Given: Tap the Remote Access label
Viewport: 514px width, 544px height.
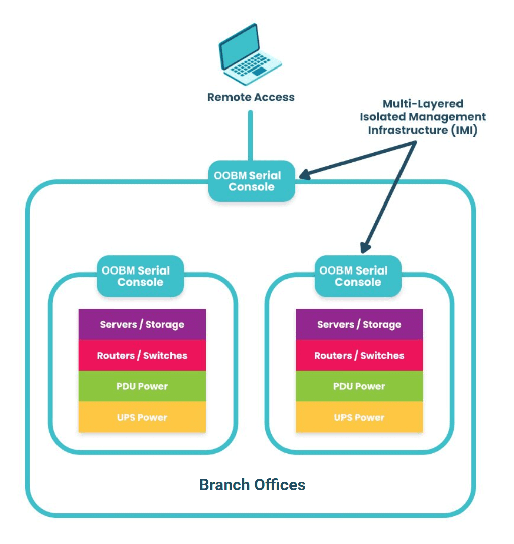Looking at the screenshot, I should click(251, 97).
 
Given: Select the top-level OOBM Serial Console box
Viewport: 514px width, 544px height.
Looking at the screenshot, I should click(251, 181).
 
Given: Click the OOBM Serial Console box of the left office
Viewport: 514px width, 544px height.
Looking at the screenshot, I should click(140, 276).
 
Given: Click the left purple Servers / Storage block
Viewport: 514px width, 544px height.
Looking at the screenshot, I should click(142, 324).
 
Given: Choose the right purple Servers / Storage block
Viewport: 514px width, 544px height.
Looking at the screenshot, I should click(359, 324).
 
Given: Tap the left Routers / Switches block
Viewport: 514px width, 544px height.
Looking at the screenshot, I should click(142, 356).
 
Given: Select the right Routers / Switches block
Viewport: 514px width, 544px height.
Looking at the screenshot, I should click(359, 356).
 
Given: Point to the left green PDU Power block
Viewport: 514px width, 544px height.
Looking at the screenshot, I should click(142, 386).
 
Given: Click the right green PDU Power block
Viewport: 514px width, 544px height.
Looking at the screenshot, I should click(359, 386).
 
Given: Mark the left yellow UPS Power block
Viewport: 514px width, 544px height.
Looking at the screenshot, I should click(142, 417).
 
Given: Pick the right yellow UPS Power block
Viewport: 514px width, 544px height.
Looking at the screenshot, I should click(359, 417).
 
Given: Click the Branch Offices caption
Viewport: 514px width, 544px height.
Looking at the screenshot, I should click(252, 485).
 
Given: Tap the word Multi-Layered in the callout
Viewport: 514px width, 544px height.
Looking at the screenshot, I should click(423, 104).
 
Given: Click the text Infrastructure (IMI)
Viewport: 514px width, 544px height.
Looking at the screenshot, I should click(423, 130).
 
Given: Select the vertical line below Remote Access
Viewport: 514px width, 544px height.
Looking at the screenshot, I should click(250, 135).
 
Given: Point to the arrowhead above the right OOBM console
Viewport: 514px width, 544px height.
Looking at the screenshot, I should click(365, 247).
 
